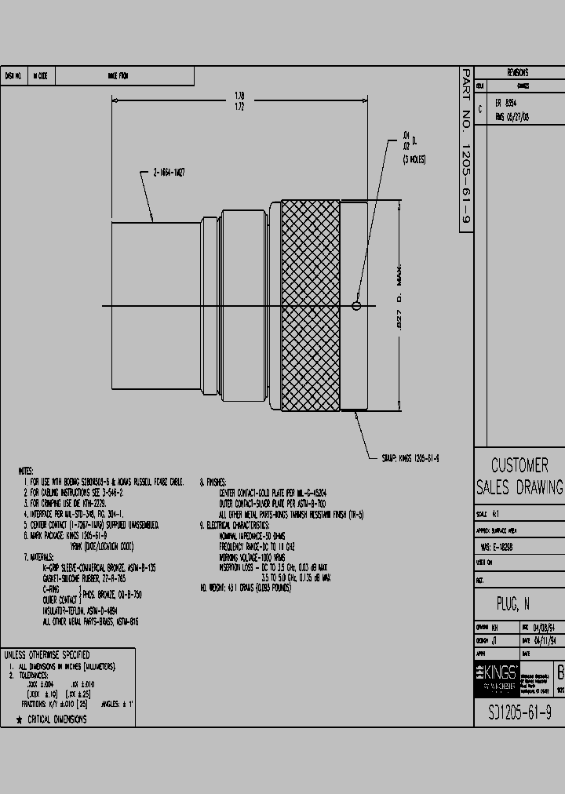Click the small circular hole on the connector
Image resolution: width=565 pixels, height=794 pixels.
357,306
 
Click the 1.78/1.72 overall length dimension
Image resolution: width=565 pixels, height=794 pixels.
239,100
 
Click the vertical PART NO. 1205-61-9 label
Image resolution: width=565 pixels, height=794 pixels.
465,149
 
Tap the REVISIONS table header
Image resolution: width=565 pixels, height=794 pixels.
518,73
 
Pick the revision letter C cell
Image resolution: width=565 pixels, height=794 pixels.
480,109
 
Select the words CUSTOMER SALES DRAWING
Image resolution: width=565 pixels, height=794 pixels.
519,476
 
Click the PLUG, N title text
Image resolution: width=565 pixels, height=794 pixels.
513,604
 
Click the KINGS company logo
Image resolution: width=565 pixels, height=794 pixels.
497,673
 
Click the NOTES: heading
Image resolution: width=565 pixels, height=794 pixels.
26,471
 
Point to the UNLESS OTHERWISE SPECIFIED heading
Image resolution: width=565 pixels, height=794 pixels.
47,654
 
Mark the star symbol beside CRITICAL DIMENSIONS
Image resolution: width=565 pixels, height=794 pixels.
19,719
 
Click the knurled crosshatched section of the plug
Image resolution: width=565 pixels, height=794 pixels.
310,304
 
